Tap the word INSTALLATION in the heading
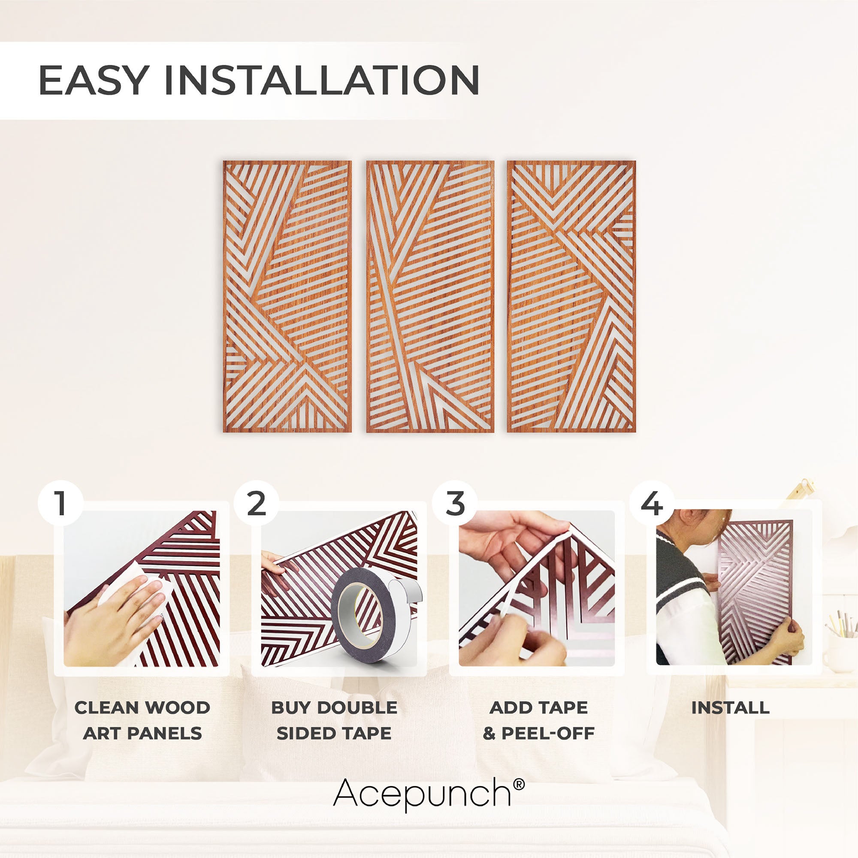click(322, 80)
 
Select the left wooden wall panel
click(287, 296)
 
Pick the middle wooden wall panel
click(430, 296)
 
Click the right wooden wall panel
click(571, 296)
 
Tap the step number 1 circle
click(60, 504)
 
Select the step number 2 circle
click(256, 504)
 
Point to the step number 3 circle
click(454, 504)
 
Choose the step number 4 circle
click(652, 504)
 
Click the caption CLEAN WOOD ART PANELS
click(142, 720)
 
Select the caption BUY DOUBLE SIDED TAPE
click(334, 720)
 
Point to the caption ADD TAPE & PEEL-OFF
click(539, 720)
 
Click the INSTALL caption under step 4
click(731, 708)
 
